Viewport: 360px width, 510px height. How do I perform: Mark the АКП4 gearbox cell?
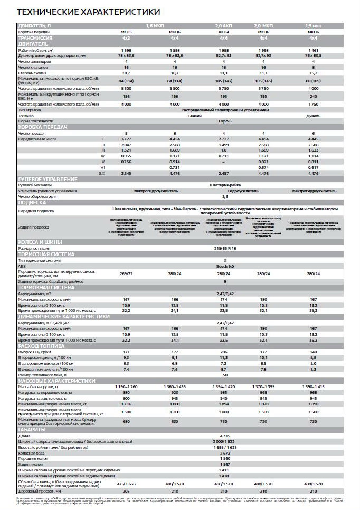(x=224, y=32)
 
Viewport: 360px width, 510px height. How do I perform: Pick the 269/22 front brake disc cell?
(x=126, y=273)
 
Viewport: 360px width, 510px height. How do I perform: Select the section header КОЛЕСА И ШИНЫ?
(x=40, y=242)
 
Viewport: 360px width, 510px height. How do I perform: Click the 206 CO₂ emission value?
(x=224, y=352)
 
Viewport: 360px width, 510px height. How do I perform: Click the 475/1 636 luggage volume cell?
(x=126, y=484)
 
